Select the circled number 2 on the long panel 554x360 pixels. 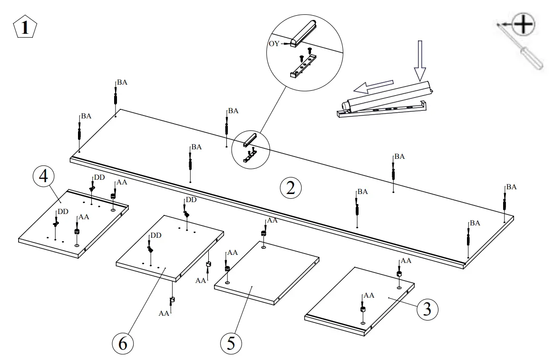pyautogui.click(x=291, y=189)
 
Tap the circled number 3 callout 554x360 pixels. pyautogui.click(x=427, y=309)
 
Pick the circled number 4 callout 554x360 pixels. pyautogui.click(x=43, y=177)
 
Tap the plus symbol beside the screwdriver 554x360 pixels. pyautogui.click(x=523, y=23)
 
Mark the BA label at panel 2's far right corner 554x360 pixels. pyautogui.click(x=511, y=187)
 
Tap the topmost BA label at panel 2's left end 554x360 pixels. pyautogui.click(x=122, y=82)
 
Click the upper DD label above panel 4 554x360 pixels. pyautogui.click(x=99, y=177)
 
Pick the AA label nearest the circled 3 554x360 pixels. pyautogui.click(x=369, y=295)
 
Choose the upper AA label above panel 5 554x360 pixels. pyautogui.click(x=272, y=220)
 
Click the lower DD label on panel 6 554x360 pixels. pyautogui.click(x=156, y=236)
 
